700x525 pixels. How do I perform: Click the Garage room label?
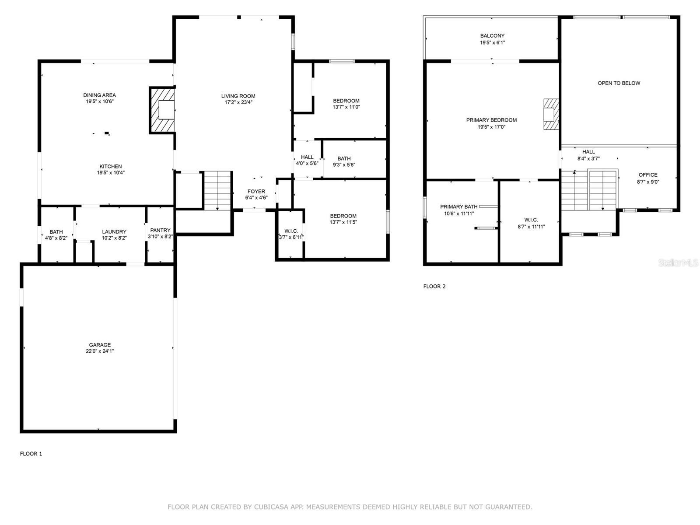[99, 345]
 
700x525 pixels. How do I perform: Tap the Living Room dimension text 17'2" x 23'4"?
[238, 102]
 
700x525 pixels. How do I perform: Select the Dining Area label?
[99, 95]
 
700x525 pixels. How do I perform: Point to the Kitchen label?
[110, 166]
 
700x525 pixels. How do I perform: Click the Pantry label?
[160, 230]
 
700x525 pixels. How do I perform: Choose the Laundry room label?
[114, 232]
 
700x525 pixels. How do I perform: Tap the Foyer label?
[256, 191]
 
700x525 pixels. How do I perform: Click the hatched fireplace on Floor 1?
[162, 110]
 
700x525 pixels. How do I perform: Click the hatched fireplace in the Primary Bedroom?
[551, 114]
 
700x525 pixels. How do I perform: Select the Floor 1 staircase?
[217, 191]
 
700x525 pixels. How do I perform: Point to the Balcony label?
[492, 36]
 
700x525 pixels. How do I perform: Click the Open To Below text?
[619, 83]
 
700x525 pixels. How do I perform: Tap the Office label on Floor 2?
[647, 175]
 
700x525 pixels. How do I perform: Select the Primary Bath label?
[458, 206]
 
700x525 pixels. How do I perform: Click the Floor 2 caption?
[434, 286]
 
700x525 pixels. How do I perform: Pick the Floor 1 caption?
[31, 454]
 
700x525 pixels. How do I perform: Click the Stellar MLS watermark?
[678, 262]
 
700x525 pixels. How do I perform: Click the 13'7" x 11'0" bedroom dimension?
[346, 107]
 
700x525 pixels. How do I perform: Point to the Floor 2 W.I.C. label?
[531, 220]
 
